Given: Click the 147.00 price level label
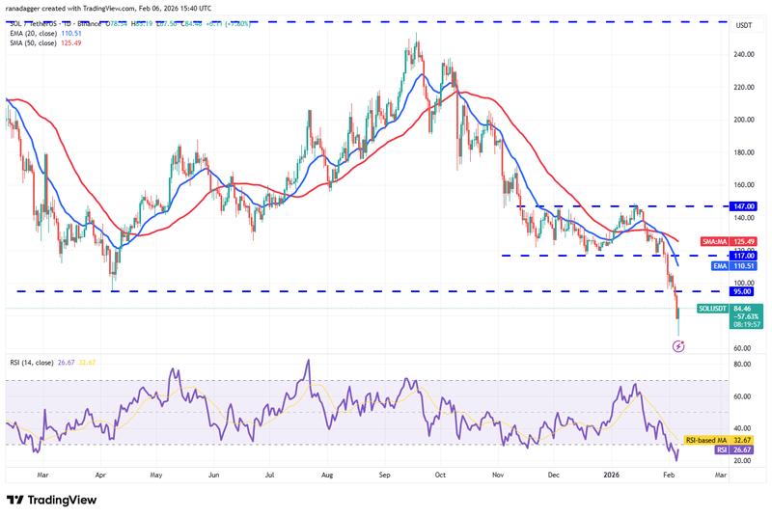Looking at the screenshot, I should click(x=742, y=206).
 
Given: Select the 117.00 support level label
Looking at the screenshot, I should click(x=742, y=256).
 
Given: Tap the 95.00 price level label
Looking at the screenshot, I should click(x=742, y=291).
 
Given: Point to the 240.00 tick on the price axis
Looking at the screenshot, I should click(x=741, y=55).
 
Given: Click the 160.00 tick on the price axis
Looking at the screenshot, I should click(x=741, y=185).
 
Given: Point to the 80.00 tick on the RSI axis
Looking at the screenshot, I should click(x=741, y=365).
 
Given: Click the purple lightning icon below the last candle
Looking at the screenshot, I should click(x=677, y=345).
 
